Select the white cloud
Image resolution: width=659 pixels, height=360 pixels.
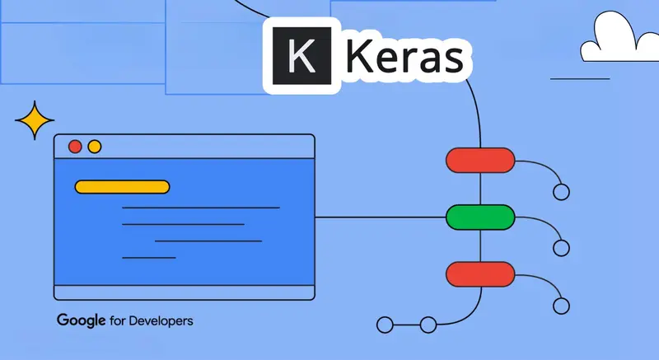click(616, 42)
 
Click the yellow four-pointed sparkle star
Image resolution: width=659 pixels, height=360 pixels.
click(35, 122)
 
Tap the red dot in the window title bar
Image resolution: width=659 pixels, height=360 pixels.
click(75, 147)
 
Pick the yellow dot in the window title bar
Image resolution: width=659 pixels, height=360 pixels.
click(95, 147)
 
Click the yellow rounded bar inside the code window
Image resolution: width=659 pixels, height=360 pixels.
click(122, 186)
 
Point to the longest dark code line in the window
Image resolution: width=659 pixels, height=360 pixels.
click(200, 208)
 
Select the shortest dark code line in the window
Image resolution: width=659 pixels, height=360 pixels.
click(148, 258)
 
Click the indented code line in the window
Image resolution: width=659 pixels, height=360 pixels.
click(208, 241)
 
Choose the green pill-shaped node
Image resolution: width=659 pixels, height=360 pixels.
click(480, 217)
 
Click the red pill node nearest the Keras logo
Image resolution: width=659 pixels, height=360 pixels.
click(480, 159)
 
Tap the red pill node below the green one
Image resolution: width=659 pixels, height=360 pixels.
click(480, 272)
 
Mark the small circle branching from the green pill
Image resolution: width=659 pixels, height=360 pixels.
click(562, 247)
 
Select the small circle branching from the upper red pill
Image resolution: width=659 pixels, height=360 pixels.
click(562, 192)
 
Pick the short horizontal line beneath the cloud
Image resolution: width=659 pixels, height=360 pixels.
click(579, 79)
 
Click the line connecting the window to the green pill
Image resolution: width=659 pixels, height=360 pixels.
click(379, 217)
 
